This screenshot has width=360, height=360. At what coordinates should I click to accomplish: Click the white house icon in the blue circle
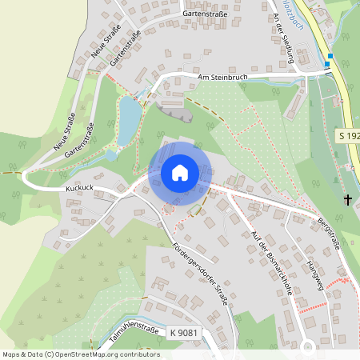pyautogui.click(x=179, y=172)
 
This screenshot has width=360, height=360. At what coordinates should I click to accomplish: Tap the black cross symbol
pyautogui.click(x=348, y=199)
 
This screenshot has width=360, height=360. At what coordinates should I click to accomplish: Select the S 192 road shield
pyautogui.click(x=347, y=137)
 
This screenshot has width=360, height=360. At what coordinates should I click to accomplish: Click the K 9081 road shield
pyautogui.click(x=183, y=332)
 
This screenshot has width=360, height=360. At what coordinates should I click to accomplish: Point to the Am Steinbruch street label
pyautogui.click(x=223, y=78)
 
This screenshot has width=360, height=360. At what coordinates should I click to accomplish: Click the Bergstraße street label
pyautogui.click(x=329, y=233)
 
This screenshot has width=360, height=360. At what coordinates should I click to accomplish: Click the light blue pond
pyautogui.click(x=127, y=121)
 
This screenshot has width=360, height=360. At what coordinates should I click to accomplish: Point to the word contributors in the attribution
pyautogui.click(x=138, y=354)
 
